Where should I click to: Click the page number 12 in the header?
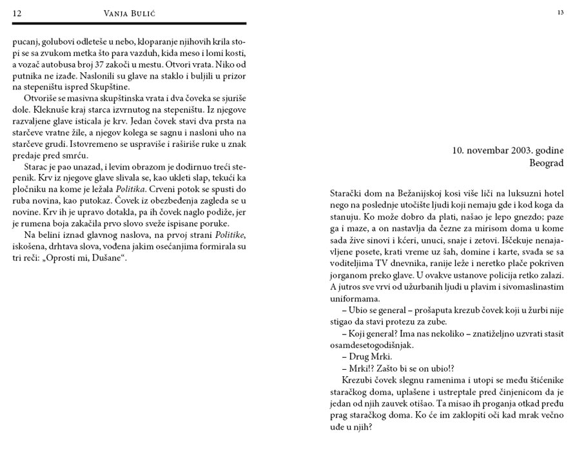(x=17, y=14)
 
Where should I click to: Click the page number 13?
(x=560, y=12)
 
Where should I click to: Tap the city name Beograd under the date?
(x=546, y=164)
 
